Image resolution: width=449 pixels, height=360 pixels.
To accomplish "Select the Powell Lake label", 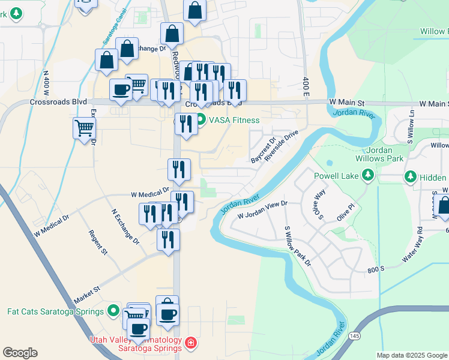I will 336,176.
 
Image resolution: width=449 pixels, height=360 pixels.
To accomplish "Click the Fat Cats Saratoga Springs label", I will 53,311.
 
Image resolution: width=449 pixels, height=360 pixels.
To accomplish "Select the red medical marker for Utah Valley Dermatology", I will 190,343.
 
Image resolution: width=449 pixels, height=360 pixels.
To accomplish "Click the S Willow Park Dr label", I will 298,246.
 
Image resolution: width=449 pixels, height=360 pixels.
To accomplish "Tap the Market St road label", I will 86,295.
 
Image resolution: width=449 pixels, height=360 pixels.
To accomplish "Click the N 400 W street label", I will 46,83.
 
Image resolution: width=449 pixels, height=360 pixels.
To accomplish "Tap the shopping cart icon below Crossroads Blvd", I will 83,128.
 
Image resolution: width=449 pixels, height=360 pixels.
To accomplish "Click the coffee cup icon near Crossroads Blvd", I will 121,90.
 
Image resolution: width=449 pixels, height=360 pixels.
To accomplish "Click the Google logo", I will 20,353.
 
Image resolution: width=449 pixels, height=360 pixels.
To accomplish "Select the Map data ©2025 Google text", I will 412,355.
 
